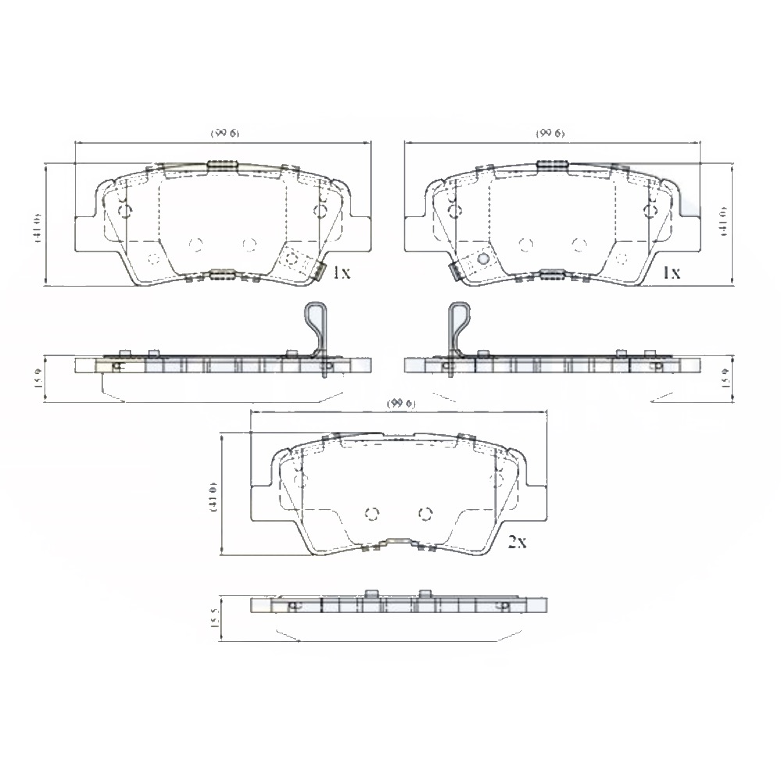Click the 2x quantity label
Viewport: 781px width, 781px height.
[517, 542]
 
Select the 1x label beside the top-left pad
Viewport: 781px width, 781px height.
[341, 273]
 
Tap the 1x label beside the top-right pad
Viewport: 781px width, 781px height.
[671, 273]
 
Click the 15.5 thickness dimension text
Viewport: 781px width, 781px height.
[214, 619]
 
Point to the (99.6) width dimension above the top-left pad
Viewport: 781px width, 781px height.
[225, 134]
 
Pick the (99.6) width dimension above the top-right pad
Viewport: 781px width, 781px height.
[551, 134]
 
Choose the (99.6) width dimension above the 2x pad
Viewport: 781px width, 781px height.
[399, 402]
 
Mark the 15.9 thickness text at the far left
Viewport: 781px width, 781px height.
[37, 380]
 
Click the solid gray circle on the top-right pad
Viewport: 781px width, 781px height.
[483, 259]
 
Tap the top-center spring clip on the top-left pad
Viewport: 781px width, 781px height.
[222, 165]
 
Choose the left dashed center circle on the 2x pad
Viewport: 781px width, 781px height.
[372, 513]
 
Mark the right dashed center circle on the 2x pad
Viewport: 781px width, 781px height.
[425, 513]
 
